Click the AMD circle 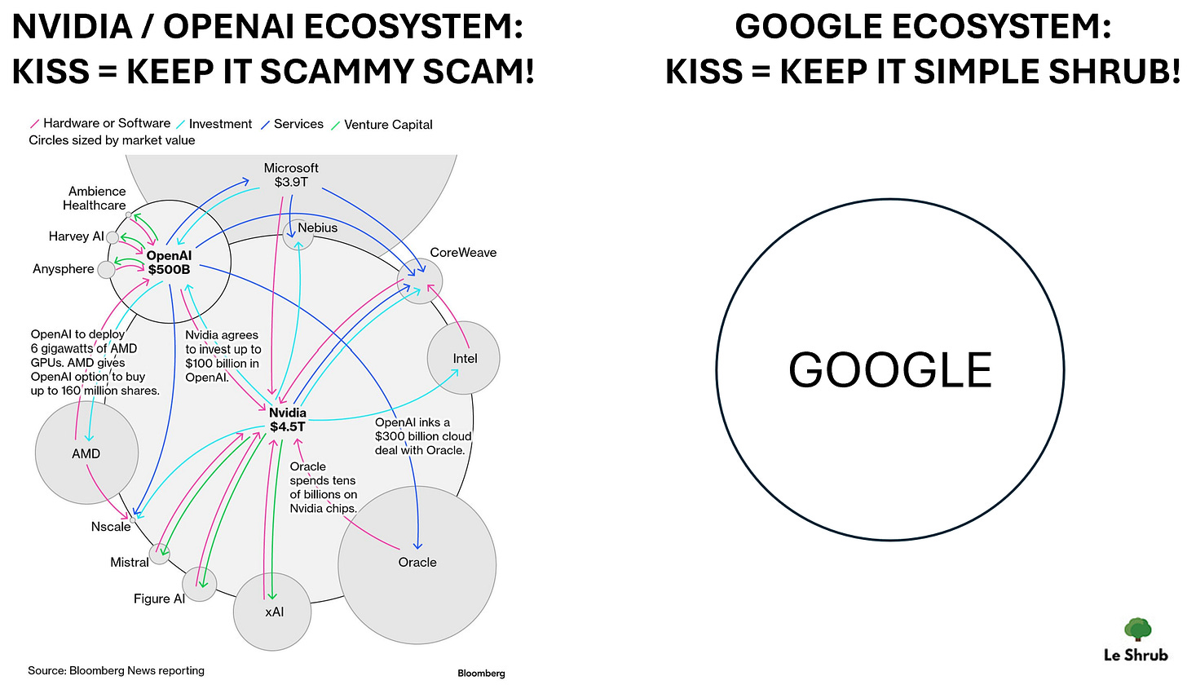coord(86,453)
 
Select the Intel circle coord(464,358)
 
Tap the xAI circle coord(273,612)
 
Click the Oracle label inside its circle coord(417,562)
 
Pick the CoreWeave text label coord(463,253)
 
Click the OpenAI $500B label coord(169,263)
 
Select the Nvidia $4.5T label coord(287,419)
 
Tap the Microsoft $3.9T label coord(291,174)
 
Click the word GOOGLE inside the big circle coord(889,370)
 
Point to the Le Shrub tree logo coord(1137,630)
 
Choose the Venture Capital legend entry coord(387,125)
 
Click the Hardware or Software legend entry coord(106,123)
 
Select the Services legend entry coord(298,124)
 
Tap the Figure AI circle coord(199,584)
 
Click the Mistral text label coord(130,563)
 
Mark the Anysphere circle coord(107,269)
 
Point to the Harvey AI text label coord(76,236)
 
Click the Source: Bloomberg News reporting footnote coord(116,670)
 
